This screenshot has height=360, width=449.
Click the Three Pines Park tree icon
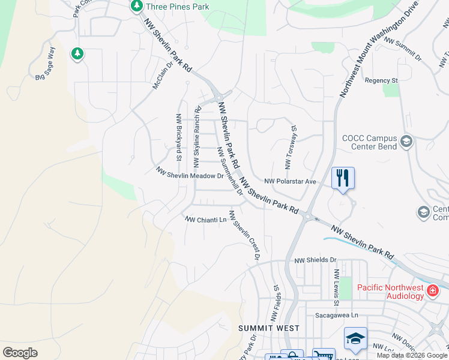137,7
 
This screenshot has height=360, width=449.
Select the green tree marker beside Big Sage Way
77,54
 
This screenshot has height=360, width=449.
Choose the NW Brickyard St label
178,137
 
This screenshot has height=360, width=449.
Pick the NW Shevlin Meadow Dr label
190,173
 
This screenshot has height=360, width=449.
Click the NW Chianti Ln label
206,220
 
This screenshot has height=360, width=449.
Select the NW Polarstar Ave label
291,181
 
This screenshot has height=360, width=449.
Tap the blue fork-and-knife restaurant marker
343,178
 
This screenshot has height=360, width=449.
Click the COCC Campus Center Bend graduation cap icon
406,142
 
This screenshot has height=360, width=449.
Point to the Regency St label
381,80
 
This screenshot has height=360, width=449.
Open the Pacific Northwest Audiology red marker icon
432,292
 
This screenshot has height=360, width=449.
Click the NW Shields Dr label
315,260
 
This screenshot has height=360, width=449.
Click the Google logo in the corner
20,353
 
